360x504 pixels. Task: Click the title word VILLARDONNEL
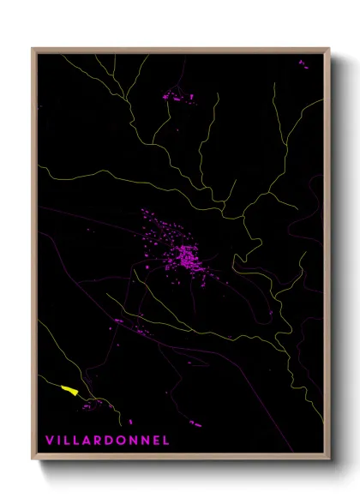coord(107,441)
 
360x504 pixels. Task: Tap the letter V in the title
coord(50,441)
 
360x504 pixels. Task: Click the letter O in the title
coord(123,441)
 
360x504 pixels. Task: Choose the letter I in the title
coord(60,441)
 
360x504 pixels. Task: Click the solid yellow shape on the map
coord(70,391)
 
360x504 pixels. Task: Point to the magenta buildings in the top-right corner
coord(303,63)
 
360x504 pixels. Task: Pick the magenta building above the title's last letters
coord(195,423)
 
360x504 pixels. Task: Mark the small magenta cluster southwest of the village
coord(120,321)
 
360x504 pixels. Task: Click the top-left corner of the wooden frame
coord(33,49)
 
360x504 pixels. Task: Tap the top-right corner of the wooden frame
coord(329,49)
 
